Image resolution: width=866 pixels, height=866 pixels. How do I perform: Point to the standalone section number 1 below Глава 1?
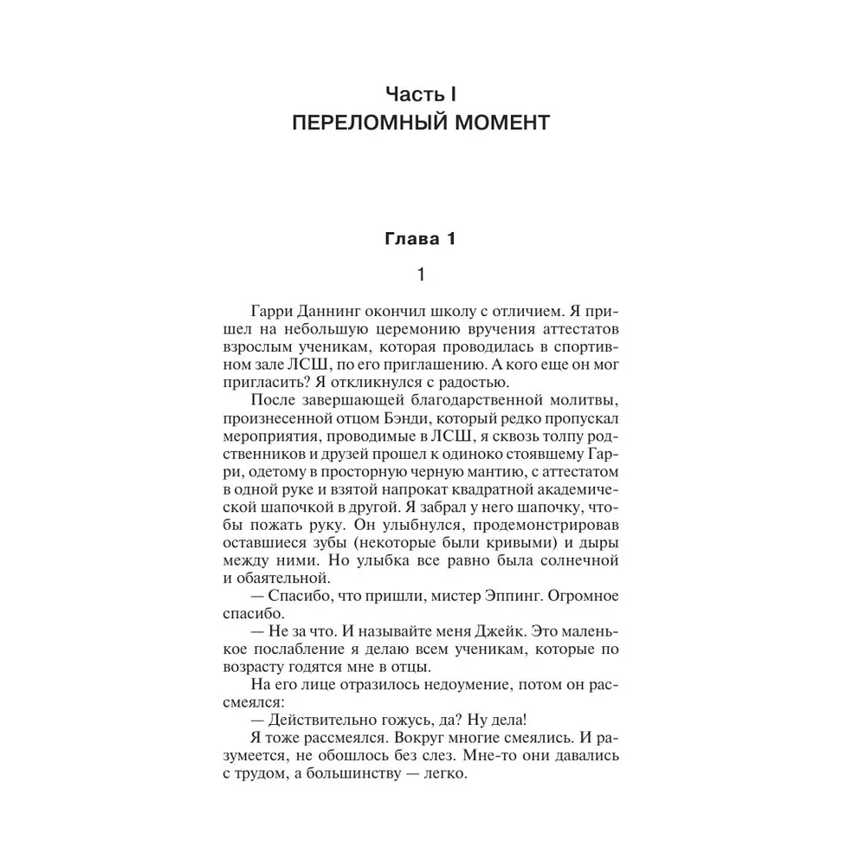pos(420,276)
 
